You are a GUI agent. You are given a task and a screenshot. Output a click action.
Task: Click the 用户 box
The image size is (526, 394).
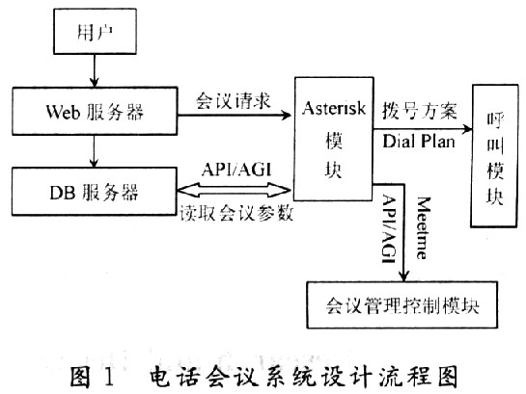pos(95,31)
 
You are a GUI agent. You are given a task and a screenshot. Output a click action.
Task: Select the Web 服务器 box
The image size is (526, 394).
pos(95,111)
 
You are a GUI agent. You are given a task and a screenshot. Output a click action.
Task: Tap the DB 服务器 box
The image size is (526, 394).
pos(95,191)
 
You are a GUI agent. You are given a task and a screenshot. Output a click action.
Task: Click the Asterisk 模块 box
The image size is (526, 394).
pos(334,139)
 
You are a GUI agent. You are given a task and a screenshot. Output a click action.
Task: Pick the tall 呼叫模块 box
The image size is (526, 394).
pos(494,156)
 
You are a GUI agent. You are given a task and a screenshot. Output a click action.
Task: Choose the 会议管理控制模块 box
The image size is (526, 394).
pos(402,304)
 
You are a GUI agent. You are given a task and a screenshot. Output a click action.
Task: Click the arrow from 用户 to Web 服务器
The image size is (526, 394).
pos(95,70)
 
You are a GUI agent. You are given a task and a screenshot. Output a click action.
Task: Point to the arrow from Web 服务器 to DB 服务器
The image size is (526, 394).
pos(95,151)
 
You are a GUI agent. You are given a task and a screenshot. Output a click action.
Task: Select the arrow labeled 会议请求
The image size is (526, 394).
pos(235,116)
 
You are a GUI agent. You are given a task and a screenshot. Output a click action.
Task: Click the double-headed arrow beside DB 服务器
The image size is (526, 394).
pos(234,190)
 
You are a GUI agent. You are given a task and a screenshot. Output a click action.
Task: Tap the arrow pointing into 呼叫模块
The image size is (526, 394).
pos(423,129)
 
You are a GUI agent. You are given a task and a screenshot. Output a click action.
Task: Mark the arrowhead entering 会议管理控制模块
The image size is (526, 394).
pos(404,276)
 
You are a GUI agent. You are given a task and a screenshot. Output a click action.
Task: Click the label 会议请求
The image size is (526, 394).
pos(234,100)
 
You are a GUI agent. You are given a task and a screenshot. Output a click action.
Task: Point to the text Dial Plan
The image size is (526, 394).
pos(419,141)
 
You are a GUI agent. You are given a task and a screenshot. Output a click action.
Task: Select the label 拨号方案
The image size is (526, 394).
pos(420,111)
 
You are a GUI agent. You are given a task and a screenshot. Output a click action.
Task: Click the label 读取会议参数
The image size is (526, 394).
pos(236,213)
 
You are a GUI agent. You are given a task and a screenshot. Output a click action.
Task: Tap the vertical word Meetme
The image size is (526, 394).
pos(423,228)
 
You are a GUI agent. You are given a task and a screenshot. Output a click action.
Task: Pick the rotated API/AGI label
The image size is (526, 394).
pos(389,229)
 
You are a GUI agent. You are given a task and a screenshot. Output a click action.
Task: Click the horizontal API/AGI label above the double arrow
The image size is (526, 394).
pos(236,170)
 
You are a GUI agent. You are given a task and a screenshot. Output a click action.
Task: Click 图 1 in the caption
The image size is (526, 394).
pos(92,377)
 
